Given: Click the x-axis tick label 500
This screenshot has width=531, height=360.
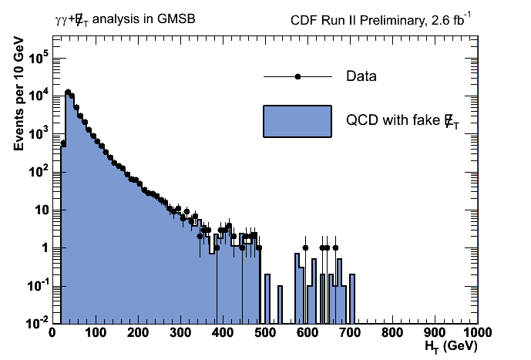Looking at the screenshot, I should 265,333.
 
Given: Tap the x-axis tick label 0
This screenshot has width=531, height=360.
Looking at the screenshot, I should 52,333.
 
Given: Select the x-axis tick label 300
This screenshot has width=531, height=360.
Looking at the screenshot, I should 180,333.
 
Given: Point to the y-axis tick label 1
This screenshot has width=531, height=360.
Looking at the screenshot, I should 45,247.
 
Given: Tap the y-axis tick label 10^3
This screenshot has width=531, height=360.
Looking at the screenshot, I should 40,133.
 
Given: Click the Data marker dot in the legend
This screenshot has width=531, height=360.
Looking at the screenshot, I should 297,76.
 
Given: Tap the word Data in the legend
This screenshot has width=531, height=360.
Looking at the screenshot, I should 361,76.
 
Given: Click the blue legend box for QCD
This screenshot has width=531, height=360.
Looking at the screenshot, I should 297,121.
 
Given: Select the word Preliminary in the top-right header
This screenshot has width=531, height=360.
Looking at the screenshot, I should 385,19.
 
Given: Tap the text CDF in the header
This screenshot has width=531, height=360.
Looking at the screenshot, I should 303,19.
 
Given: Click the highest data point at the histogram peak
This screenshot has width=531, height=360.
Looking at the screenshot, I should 68,92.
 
